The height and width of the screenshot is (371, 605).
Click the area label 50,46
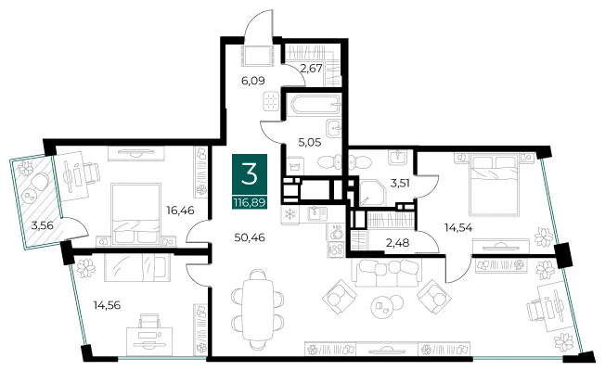pos(250,237)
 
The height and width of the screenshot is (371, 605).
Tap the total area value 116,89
pos(250,202)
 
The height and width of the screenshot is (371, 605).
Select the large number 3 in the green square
pos(250,174)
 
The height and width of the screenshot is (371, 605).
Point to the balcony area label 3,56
pos(42,225)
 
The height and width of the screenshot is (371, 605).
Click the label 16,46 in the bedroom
pos(180,211)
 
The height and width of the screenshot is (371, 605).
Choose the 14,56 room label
pos(107,305)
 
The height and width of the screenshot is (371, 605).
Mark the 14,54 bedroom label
pos(458,227)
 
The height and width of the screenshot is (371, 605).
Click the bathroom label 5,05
pos(310,143)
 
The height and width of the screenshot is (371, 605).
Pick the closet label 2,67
pos(311,69)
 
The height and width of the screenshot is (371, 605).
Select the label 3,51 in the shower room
pos(400,183)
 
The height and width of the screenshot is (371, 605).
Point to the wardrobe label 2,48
pos(398,243)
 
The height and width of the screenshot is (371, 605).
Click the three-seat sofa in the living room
pos(387,273)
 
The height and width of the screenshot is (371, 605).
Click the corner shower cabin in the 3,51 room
pos(372,193)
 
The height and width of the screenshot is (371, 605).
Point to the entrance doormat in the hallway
pos(258,56)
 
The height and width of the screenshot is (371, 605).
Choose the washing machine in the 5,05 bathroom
pos(295,166)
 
